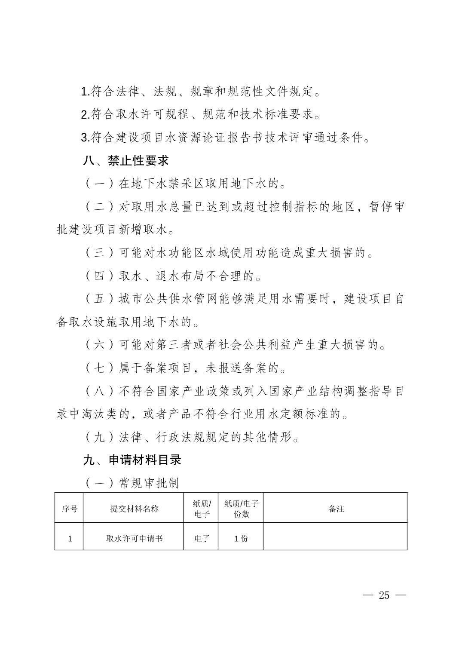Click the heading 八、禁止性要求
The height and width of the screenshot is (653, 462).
[125, 161]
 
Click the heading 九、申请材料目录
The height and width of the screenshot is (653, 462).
[132, 460]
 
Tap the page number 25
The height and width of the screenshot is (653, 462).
[384, 595]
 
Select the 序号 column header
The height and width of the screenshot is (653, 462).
[69, 509]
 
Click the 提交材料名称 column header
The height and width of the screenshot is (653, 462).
[134, 509]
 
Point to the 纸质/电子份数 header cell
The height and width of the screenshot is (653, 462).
[241, 509]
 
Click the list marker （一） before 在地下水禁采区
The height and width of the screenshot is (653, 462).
[99, 184]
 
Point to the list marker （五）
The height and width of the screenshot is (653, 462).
[99, 299]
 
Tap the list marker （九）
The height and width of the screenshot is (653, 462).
[99, 438]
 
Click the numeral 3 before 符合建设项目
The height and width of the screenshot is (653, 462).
[84, 138]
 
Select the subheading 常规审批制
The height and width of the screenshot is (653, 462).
[148, 483]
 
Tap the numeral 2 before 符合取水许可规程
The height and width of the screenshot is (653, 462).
[84, 115]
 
